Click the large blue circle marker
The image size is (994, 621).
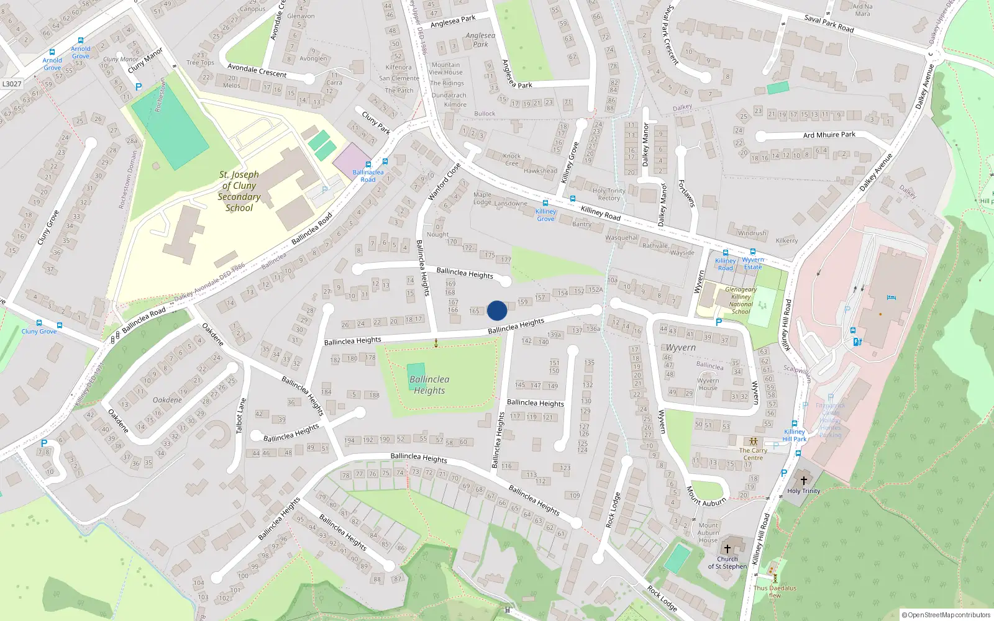497,310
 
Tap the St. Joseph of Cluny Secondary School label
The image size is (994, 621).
239,191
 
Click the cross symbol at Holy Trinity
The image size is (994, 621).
803,481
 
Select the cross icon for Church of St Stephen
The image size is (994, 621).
727,549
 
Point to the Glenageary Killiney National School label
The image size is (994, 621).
741,301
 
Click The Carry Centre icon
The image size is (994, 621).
754,442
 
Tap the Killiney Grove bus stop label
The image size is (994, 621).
545,215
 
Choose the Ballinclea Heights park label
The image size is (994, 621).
429,385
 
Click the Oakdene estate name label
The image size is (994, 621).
168,400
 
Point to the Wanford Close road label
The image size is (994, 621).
445,181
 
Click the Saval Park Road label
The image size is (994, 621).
829,24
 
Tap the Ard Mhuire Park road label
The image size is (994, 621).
829,135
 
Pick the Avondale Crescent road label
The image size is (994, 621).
257,70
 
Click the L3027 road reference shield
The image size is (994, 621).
12,84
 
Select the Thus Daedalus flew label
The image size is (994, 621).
775,591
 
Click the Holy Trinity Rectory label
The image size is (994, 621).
609,194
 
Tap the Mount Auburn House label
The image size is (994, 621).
708,533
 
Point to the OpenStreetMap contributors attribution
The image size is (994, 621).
946,615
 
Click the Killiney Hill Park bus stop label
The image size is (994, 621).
795,435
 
